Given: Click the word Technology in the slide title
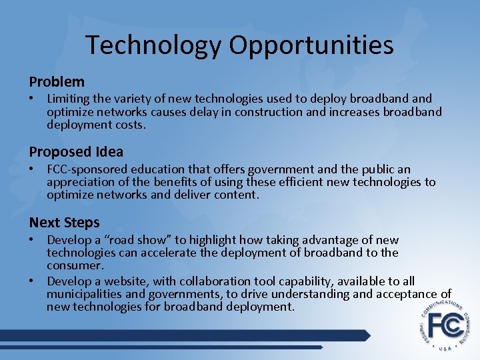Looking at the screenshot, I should click(153, 46).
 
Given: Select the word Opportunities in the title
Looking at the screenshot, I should click(311, 46).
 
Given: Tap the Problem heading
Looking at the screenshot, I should click(57, 82).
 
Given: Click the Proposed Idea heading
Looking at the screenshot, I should click(76, 152).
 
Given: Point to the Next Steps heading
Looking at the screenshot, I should click(64, 223).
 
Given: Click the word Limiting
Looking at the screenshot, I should click(69, 99).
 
